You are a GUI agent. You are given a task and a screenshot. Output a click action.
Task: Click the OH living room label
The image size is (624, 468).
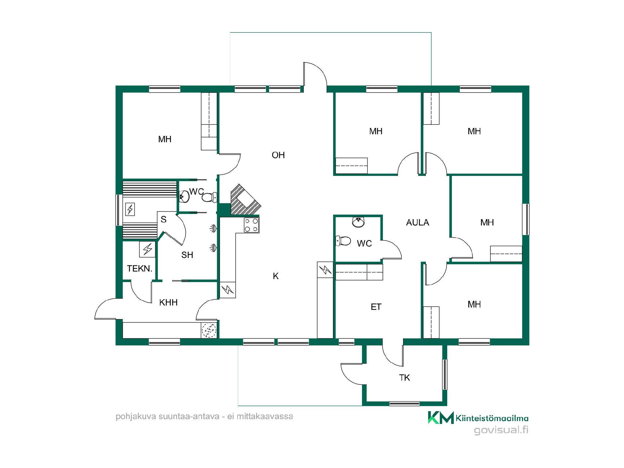click(278, 155)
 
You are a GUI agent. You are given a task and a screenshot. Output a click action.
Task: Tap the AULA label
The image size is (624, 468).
click(418, 223)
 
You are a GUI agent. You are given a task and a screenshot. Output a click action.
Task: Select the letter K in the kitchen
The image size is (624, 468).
click(276, 276)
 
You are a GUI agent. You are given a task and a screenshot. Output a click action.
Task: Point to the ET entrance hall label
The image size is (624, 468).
click(376, 307)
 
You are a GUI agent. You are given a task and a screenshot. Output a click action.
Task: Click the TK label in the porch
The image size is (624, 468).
click(404, 378)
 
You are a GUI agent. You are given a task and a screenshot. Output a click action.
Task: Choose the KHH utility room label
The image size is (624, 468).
click(168, 303)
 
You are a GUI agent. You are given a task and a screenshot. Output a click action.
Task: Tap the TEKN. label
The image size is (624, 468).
click(139, 269)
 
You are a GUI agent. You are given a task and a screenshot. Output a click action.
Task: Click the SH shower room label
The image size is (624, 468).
click(187, 255)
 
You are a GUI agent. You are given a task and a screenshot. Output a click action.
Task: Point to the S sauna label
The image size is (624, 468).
click(163, 219)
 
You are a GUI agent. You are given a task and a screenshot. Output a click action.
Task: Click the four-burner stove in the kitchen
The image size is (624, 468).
click(252, 225)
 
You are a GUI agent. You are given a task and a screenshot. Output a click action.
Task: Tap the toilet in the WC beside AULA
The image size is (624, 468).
click(343, 241)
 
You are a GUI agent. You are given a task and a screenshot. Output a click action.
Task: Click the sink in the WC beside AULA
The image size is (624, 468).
click(358, 222)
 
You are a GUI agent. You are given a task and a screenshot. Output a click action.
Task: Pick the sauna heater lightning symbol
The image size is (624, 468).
click(130, 209)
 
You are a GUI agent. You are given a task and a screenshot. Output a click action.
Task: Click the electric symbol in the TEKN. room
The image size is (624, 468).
click(147, 249)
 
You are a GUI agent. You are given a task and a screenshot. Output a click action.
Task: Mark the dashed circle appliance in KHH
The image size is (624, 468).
click(209, 331)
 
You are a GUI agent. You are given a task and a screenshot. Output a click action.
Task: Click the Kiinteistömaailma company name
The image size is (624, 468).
click(492, 418)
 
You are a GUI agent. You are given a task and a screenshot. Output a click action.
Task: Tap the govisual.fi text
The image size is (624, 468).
click(501, 430)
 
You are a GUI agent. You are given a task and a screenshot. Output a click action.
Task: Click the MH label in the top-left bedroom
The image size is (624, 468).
click(165, 139)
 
